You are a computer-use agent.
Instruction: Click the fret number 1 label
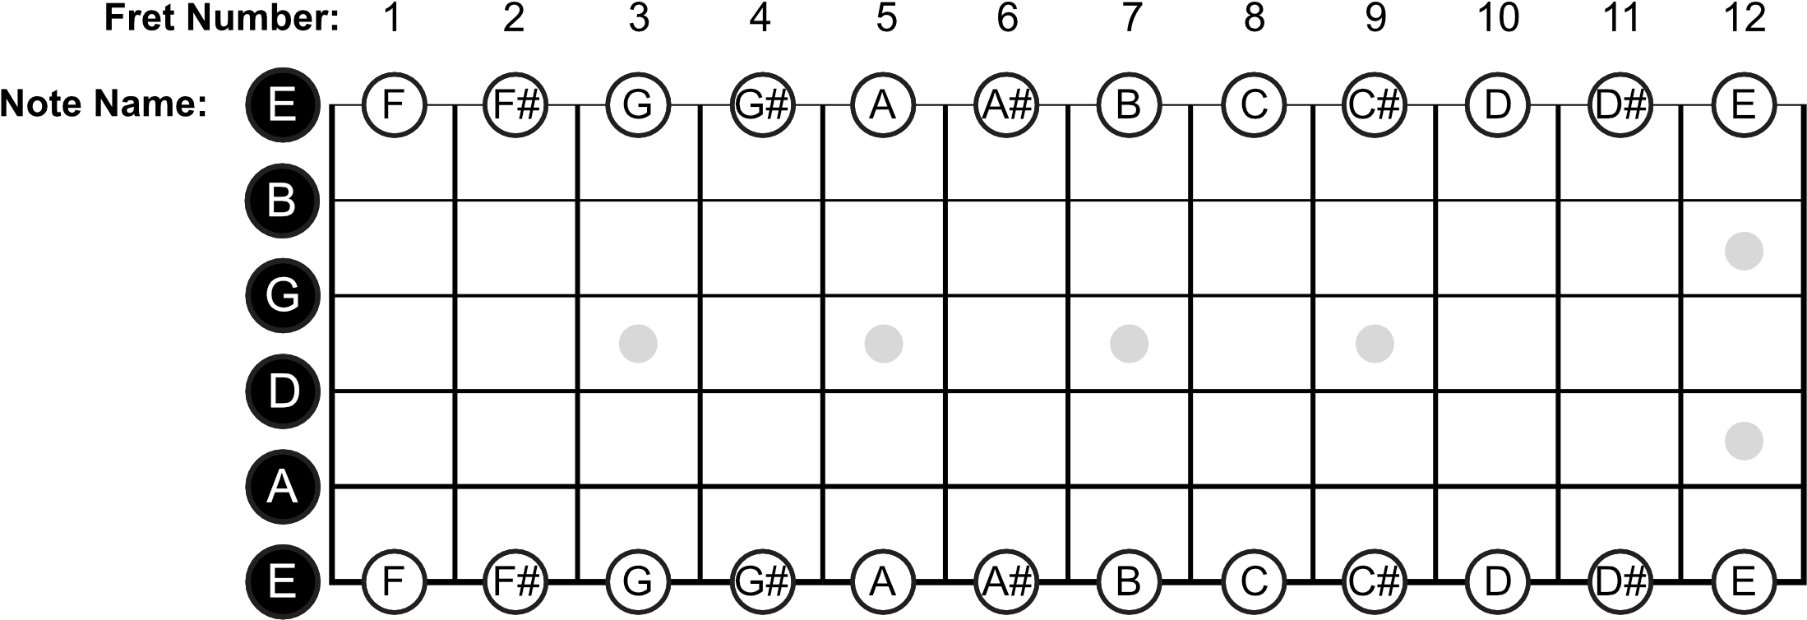[x=393, y=17]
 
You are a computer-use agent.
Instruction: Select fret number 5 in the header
[x=885, y=17]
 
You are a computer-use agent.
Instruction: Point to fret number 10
[x=1497, y=17]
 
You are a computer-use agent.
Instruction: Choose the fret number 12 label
[x=1743, y=17]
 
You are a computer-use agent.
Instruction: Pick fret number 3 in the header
[x=639, y=17]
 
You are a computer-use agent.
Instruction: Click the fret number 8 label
[x=1254, y=17]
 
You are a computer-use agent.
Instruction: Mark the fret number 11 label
[x=1620, y=17]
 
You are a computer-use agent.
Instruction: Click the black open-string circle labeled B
[x=282, y=200]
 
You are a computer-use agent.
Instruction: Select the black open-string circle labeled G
[x=282, y=295]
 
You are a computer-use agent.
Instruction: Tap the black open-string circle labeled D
[x=282, y=391]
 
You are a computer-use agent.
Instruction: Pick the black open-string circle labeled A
[x=282, y=487]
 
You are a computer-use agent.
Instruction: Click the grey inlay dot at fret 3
[x=638, y=344]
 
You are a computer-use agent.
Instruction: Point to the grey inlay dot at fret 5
[x=884, y=344]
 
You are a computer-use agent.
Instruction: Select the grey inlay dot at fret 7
[x=1129, y=344]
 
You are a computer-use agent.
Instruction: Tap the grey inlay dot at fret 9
[x=1375, y=344]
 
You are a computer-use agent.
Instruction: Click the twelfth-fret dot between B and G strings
[x=1744, y=251]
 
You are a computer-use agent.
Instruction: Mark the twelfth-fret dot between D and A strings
[x=1744, y=441]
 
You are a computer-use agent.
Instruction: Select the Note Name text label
[x=104, y=104]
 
